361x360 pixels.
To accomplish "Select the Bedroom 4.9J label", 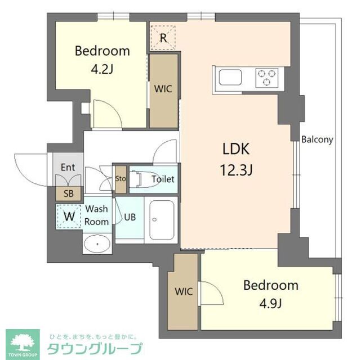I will click(270, 294).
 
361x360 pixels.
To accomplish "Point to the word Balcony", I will click(318, 139).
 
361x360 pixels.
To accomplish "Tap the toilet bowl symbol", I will click(137, 179).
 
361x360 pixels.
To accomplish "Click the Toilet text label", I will click(163, 179).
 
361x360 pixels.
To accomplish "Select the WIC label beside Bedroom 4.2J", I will click(163, 89).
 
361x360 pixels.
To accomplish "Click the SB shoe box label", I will click(68, 193).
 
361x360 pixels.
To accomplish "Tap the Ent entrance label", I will click(68, 167).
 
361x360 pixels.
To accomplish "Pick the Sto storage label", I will click(120, 179).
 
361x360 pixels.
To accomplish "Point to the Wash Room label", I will click(96, 215).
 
